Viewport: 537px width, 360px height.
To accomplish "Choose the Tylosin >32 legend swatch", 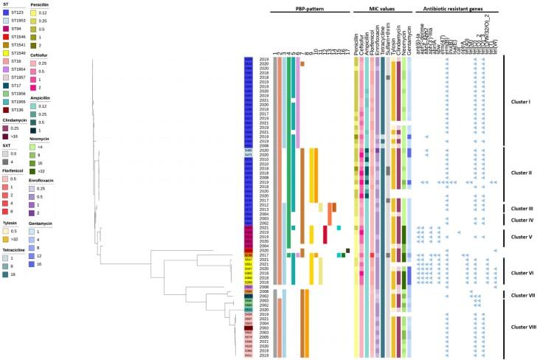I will pyautogui.click(x=5, y=260).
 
